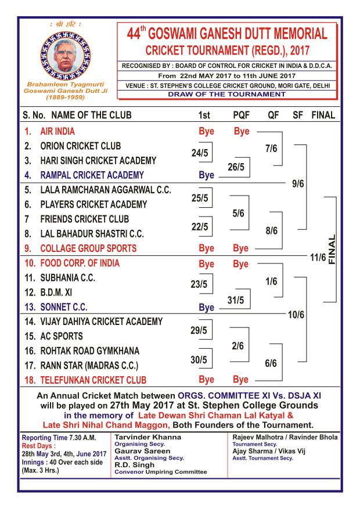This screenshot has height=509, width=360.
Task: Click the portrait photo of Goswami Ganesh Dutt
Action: [x=65, y=55]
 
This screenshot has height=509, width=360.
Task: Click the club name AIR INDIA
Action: [x=57, y=131]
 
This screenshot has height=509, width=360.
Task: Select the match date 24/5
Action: [x=199, y=153]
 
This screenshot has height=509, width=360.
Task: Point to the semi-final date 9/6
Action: [x=298, y=183]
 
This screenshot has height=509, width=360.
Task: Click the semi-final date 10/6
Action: [x=296, y=315]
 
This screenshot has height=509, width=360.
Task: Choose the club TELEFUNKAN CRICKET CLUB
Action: [x=93, y=380]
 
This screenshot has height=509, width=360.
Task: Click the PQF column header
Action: [x=241, y=115]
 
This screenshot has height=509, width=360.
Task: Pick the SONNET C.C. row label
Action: [x=64, y=307]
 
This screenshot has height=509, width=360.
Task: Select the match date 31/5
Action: [x=235, y=300]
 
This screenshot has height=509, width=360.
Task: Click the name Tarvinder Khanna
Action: [x=139, y=436]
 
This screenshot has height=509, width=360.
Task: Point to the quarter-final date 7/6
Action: [x=271, y=149]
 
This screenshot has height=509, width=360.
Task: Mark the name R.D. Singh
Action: [x=134, y=464]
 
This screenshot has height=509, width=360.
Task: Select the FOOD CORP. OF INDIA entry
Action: [x=80, y=263]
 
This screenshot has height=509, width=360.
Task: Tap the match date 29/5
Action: [x=199, y=330]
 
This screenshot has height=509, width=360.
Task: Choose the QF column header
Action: [x=273, y=115]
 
